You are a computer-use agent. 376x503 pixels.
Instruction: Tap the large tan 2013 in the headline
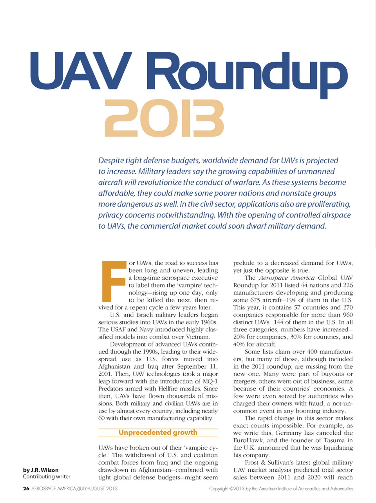(x=164, y=118)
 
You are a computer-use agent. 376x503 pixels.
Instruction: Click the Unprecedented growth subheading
(x=158, y=432)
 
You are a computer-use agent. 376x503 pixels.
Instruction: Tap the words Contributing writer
(x=47, y=477)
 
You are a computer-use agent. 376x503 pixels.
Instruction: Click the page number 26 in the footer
(x=26, y=489)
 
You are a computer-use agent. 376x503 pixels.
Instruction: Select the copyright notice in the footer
(x=281, y=489)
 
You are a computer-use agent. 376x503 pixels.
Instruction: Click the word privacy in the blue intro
(x=110, y=215)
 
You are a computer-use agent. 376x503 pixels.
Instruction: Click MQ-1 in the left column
(x=210, y=381)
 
